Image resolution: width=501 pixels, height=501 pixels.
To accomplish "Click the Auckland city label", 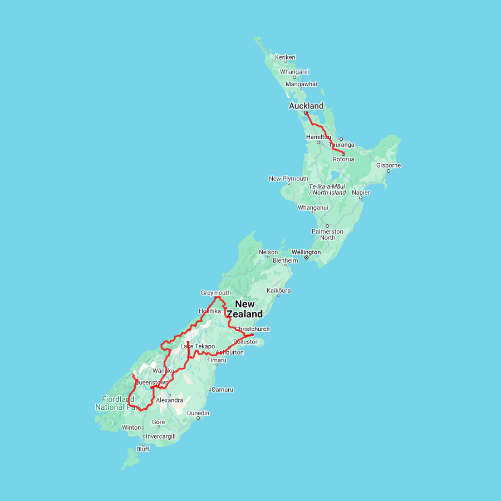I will tap(306, 106).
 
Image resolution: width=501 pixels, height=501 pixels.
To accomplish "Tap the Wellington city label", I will tap(306, 252).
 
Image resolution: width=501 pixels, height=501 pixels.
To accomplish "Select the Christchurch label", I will tap(252, 329).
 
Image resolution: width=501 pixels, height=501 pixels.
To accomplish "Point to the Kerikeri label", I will tap(285, 57).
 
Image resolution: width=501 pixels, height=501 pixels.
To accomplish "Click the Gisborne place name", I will tap(389, 165).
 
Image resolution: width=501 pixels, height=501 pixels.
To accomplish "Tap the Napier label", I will tap(360, 193).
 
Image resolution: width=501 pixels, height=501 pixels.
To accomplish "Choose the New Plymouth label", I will tap(288, 179).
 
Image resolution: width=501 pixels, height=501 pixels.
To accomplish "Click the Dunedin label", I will tap(198, 413).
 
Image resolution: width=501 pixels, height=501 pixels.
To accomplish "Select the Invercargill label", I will tap(160, 436).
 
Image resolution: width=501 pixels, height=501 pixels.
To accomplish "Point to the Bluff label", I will tap(143, 449).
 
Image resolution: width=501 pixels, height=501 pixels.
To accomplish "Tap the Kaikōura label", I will tap(279, 291).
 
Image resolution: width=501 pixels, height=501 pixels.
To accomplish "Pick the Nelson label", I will tap(268, 252).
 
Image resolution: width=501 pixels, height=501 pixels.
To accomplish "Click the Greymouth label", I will tap(215, 293).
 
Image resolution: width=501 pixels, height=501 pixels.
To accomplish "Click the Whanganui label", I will tap(313, 208).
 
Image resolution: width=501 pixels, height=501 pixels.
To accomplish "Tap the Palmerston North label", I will tap(327, 234).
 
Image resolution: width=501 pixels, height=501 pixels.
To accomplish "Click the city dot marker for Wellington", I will tap(306, 258).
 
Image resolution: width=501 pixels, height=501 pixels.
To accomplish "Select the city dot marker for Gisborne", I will tap(389, 171).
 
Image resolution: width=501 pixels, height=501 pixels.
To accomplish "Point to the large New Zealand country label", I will tap(245, 309).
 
